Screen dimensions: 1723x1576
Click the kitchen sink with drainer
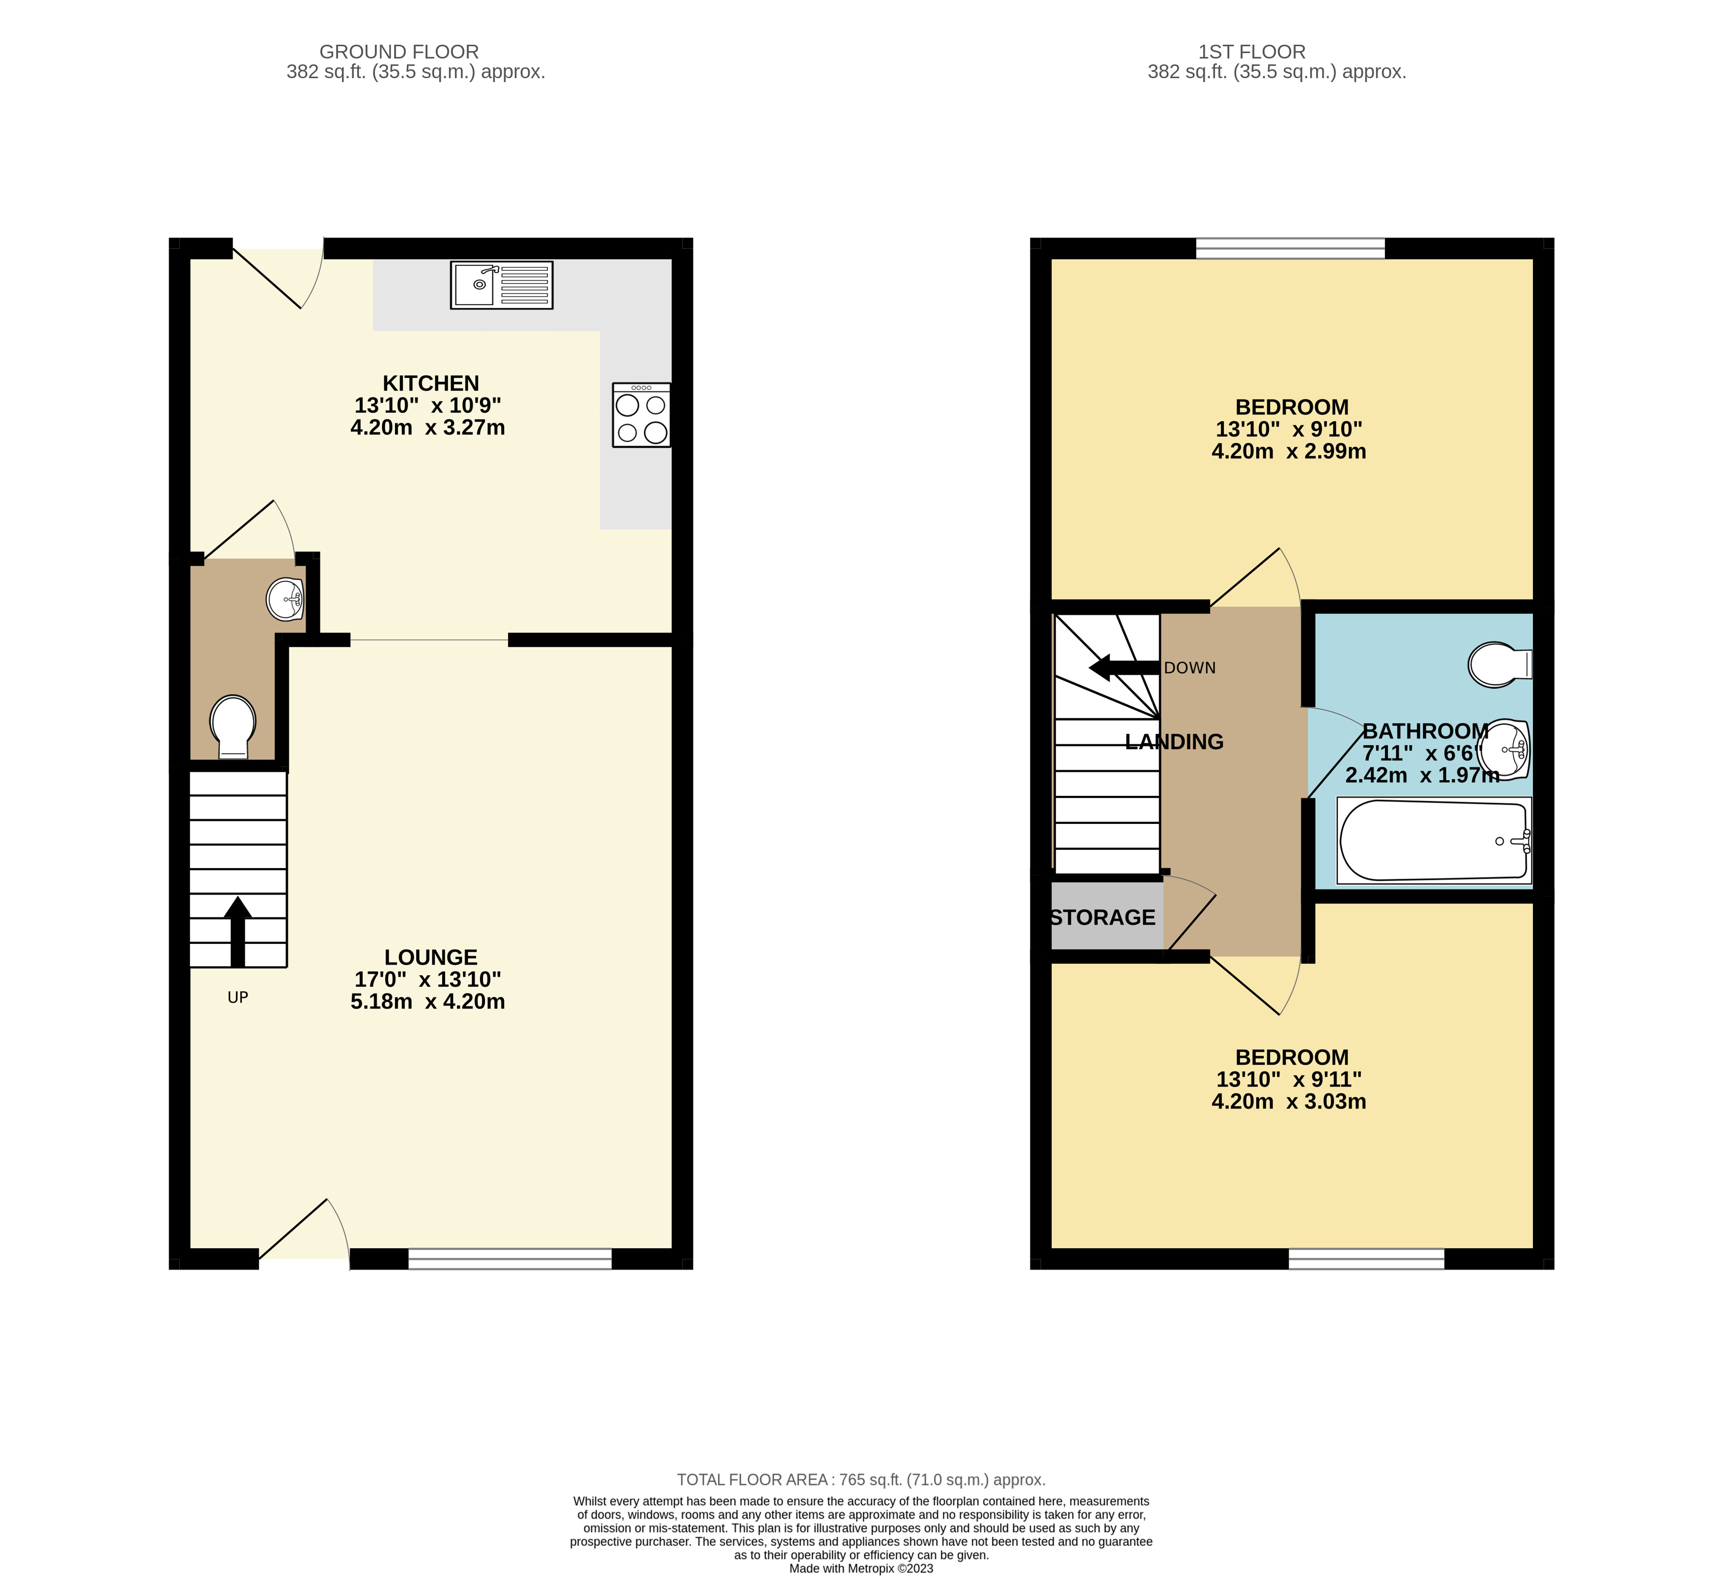(x=502, y=285)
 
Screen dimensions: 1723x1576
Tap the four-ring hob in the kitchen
(x=641, y=415)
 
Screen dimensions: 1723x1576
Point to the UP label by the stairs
(x=238, y=997)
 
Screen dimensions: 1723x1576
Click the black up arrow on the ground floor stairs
(x=238, y=931)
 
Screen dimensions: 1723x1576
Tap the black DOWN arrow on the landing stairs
(x=1124, y=668)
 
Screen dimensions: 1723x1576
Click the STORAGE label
(x=1102, y=918)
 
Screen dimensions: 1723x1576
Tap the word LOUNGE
(x=431, y=957)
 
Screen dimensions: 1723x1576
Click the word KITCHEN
(x=431, y=383)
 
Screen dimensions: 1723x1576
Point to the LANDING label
(x=1174, y=741)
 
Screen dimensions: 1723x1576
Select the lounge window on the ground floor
(x=510, y=1258)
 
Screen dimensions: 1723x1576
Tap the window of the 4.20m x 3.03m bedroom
(x=1367, y=1258)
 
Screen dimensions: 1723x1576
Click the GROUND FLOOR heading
(x=399, y=52)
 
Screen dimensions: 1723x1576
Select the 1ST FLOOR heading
(x=1252, y=52)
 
